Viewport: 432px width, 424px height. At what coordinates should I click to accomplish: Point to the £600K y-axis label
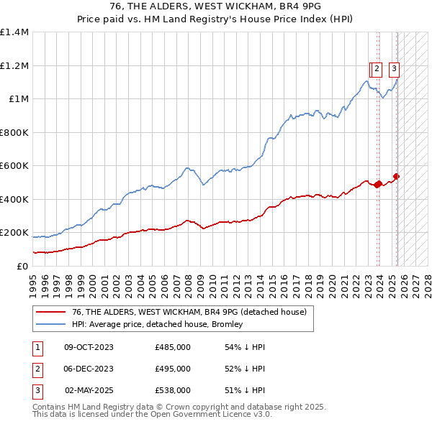pyautogui.click(x=14, y=166)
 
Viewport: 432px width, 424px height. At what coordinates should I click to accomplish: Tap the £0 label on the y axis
pyautogui.click(x=22, y=266)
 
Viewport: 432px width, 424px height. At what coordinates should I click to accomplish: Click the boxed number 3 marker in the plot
pyautogui.click(x=395, y=70)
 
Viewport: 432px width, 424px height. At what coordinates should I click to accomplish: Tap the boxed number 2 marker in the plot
pyautogui.click(x=377, y=70)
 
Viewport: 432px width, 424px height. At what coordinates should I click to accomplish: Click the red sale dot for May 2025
pyautogui.click(x=397, y=176)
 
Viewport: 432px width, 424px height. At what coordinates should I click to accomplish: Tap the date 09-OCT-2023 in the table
pyautogui.click(x=89, y=347)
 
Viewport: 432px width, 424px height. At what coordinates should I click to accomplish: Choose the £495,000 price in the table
pyautogui.click(x=173, y=369)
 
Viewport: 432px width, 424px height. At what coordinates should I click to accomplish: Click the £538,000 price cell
pyautogui.click(x=173, y=390)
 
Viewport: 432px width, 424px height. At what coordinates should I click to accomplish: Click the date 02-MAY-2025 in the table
pyautogui.click(x=89, y=390)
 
